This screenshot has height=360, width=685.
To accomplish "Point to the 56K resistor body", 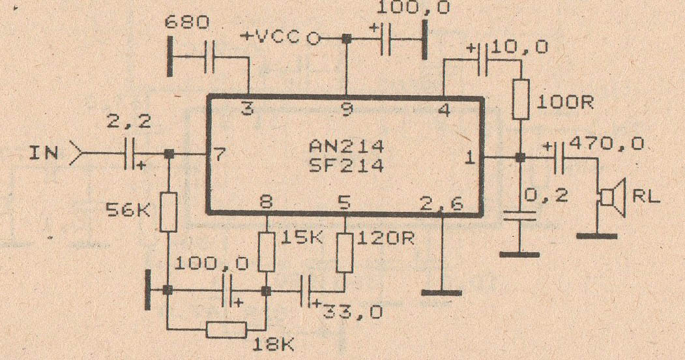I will tap(168, 212).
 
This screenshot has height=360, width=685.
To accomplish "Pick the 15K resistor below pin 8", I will tap(267, 252).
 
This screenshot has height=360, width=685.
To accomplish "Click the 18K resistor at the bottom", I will tap(226, 329).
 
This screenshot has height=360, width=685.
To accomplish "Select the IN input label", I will tap(44, 154).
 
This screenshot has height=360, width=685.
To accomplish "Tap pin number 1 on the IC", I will tap(468, 157).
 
